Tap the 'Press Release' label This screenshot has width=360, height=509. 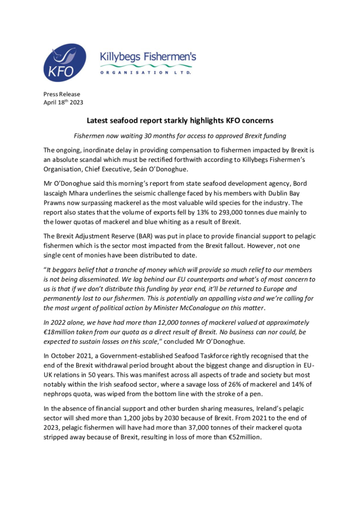point(62,94)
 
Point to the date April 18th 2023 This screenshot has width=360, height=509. point(63,102)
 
